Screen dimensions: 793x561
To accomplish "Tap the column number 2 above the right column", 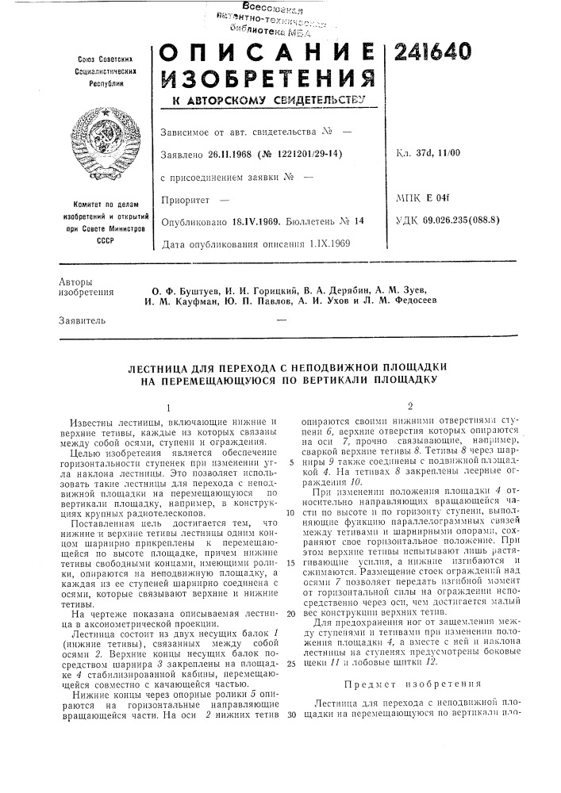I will (410, 404).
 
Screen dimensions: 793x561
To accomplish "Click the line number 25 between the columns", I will (291, 684).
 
